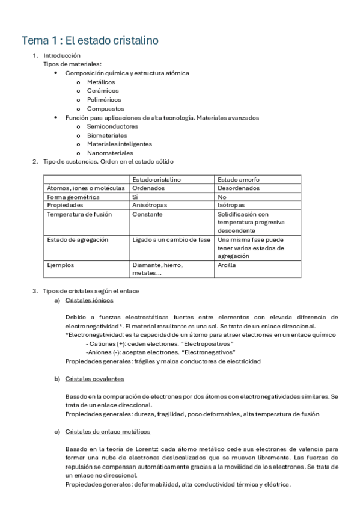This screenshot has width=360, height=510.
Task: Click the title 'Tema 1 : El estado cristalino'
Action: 90,40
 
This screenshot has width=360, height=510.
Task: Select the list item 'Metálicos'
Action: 101,82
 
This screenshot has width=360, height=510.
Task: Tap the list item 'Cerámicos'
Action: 103,91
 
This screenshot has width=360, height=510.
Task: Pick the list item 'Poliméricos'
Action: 104,100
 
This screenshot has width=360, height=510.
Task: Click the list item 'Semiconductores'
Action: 112,126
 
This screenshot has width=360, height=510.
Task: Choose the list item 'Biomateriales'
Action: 107,135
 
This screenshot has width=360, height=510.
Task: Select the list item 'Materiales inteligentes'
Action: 119,144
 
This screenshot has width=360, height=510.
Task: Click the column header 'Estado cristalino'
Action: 156,180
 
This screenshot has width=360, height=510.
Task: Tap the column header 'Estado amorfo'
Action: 239,180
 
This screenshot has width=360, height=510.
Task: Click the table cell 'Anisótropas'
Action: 149,205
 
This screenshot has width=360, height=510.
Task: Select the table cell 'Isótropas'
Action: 231,205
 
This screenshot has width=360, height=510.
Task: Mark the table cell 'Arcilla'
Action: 227,265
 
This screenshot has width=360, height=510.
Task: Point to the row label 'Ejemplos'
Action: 61,265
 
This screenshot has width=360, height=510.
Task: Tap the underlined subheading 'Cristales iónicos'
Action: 89,300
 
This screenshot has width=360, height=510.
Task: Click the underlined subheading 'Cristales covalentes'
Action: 94,379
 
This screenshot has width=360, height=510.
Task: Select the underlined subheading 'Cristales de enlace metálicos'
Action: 108,432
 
